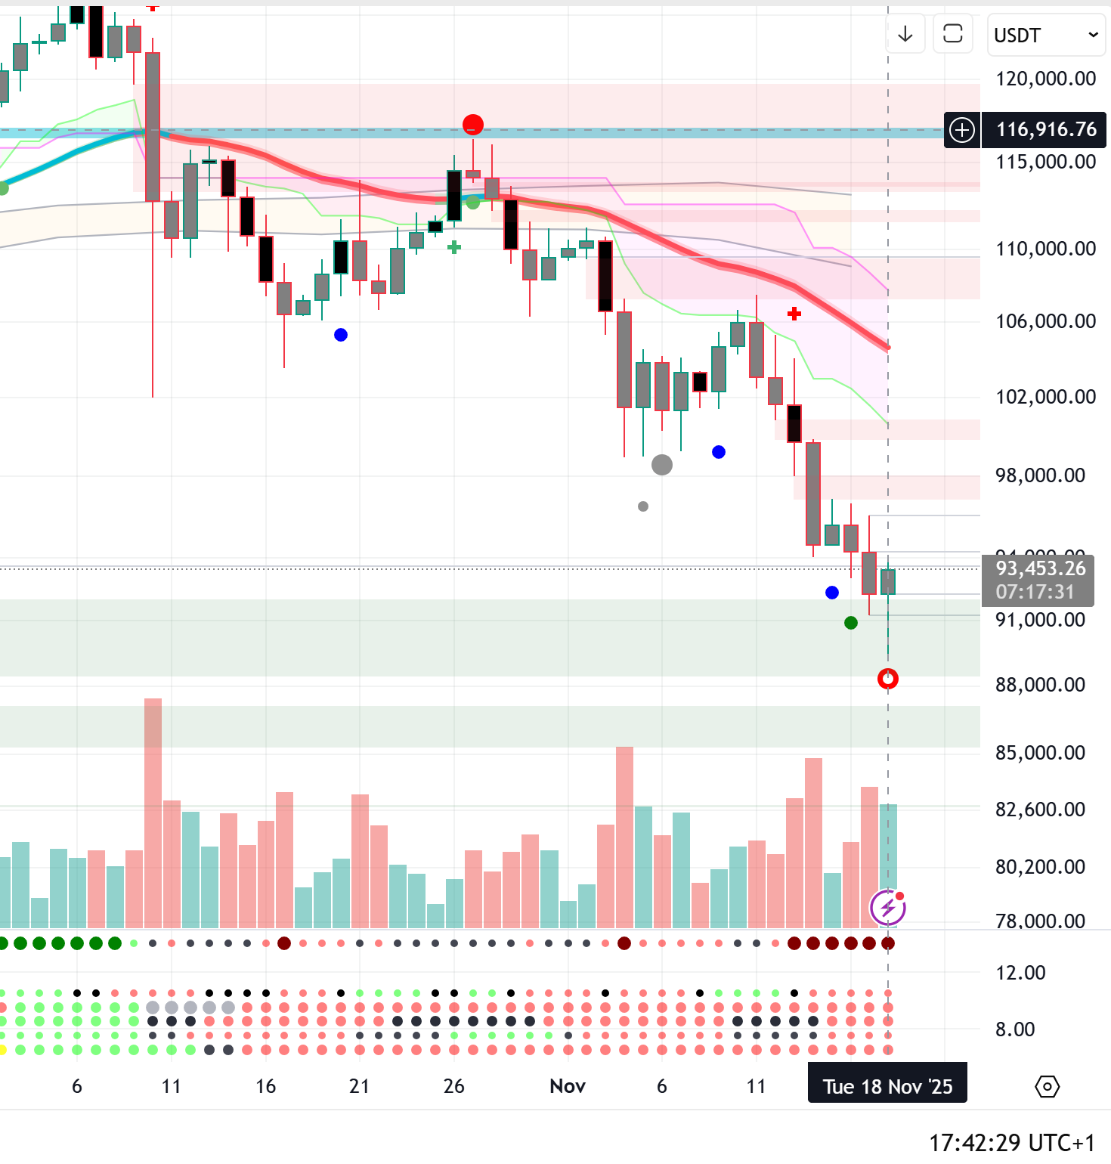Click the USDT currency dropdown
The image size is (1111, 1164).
1045,35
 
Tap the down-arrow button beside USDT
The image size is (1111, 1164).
905,34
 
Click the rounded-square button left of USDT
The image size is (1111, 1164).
952,34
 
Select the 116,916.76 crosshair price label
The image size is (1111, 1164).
1046,130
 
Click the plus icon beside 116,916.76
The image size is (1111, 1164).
962,130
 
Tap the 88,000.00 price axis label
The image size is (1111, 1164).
1040,685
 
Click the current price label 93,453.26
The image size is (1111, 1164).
1040,568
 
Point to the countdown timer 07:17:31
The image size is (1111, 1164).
1035,592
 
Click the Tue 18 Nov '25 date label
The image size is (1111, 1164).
887,1087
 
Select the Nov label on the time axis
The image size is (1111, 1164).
568,1086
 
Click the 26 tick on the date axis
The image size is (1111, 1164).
453,1086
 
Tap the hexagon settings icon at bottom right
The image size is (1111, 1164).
1047,1087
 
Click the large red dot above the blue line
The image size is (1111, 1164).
473,124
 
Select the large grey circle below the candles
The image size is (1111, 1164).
662,465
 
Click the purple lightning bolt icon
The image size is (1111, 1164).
887,907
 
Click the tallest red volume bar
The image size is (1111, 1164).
153,813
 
